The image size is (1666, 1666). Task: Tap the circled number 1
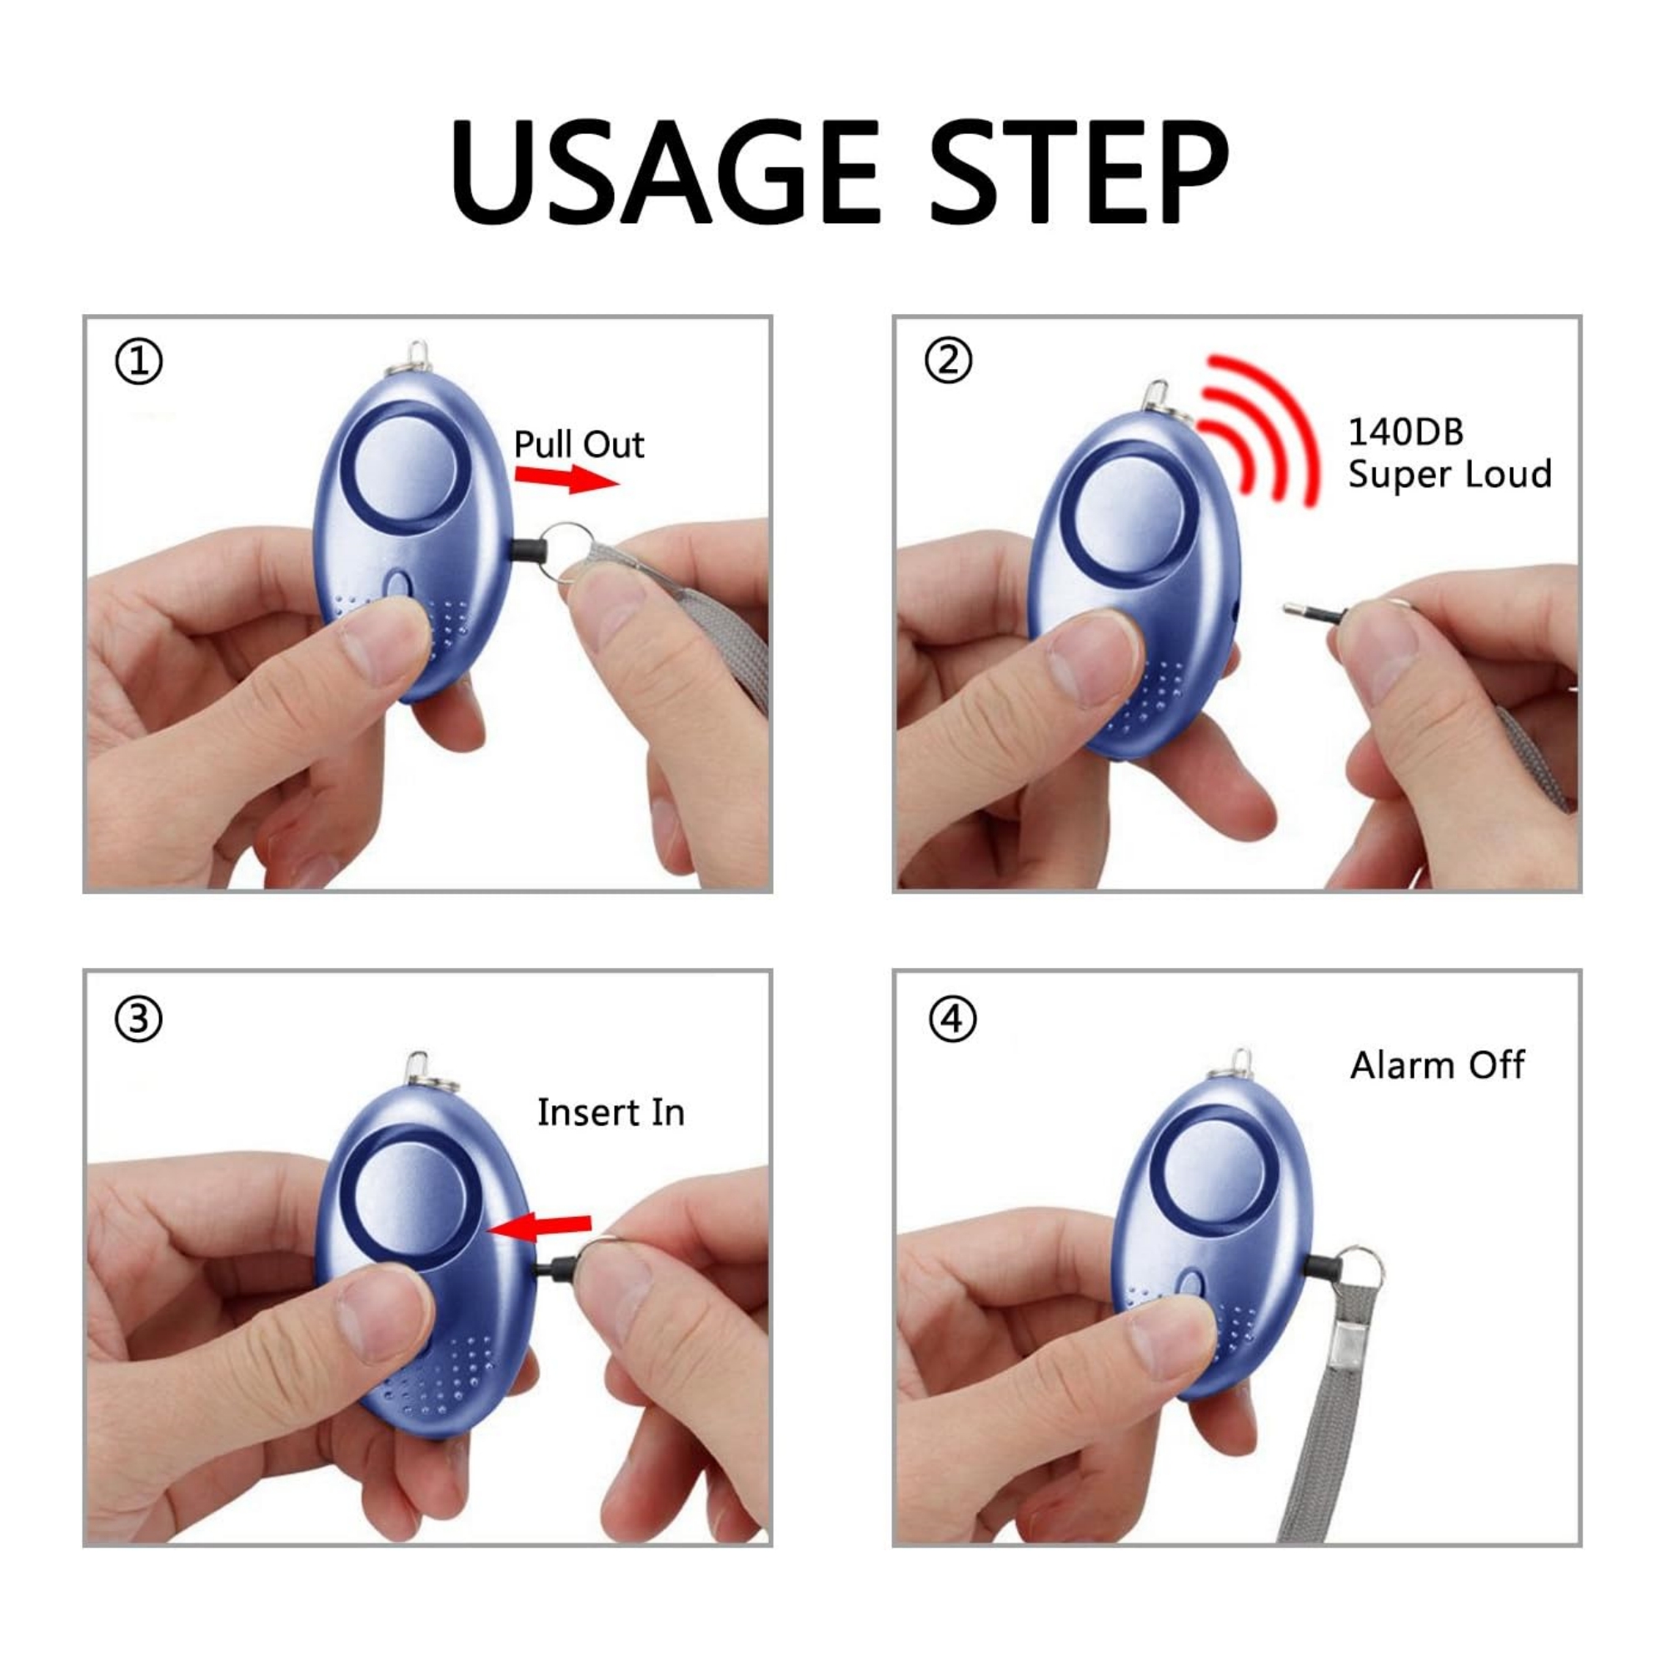click(x=138, y=362)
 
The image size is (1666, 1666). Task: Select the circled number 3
click(x=138, y=1020)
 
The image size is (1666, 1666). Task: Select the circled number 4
click(x=952, y=1020)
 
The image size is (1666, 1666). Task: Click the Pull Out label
click(x=579, y=445)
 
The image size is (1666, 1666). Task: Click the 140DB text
click(x=1405, y=432)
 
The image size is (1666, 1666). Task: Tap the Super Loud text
click(x=1449, y=475)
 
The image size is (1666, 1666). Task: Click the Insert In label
click(x=611, y=1112)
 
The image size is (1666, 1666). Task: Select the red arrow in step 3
click(x=543, y=1225)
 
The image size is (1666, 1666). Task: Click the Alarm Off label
click(x=1437, y=1066)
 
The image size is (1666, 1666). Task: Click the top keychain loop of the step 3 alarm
click(x=418, y=1070)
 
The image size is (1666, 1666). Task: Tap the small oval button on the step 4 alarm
click(x=1191, y=1284)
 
